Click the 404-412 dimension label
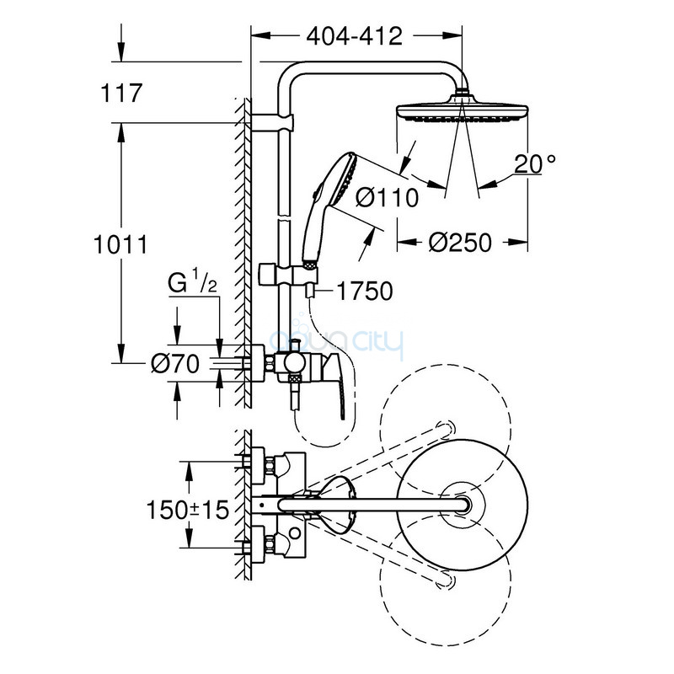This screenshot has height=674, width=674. [354, 36]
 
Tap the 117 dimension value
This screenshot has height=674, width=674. [120, 93]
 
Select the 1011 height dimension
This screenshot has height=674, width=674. [120, 244]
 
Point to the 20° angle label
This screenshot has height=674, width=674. [534, 163]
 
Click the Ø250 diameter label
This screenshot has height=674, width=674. [459, 243]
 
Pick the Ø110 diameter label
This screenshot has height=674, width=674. [387, 198]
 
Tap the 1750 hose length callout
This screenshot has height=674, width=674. [365, 291]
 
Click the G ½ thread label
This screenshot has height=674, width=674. [192, 282]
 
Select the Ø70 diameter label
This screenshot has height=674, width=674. [175, 364]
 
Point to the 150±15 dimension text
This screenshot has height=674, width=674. [187, 511]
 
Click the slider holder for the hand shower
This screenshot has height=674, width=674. [289, 274]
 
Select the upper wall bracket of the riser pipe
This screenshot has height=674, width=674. [272, 122]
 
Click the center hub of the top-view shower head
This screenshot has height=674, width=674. [463, 504]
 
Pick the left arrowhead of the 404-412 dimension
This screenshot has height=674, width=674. [260, 36]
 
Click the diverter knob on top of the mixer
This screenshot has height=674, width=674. [296, 345]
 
